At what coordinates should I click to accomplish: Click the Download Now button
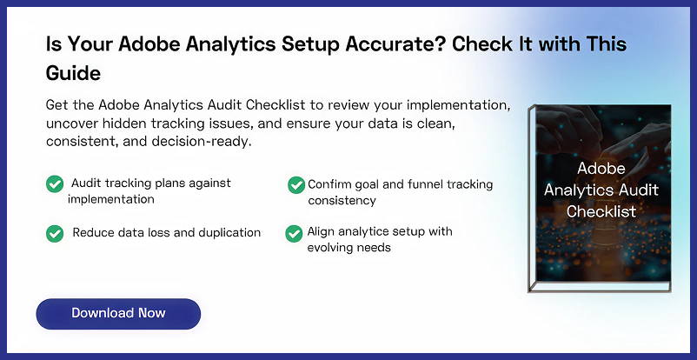[x=118, y=313]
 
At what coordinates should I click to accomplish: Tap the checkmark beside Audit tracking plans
[x=54, y=183]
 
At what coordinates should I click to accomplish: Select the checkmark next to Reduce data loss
[x=54, y=233]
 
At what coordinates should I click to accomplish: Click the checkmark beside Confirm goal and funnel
[x=295, y=184]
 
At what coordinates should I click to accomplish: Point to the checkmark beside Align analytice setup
[x=294, y=233]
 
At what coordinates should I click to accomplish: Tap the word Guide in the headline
[x=73, y=71]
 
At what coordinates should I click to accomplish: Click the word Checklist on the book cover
[x=601, y=211]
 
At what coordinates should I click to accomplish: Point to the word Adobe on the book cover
[x=601, y=170]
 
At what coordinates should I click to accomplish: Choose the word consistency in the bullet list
[x=342, y=200]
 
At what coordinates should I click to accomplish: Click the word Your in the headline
[x=90, y=43]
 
